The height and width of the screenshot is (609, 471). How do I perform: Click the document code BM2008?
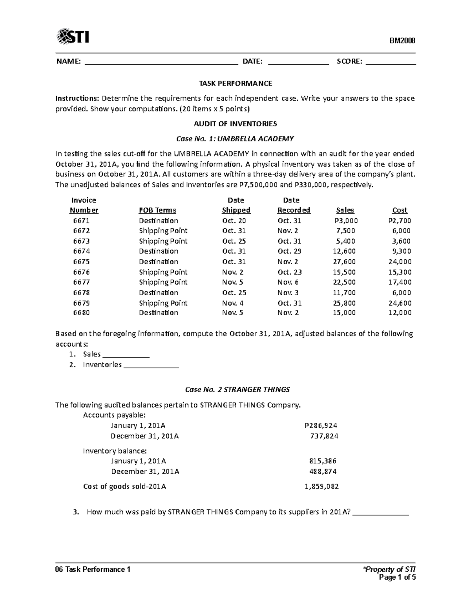click(402, 41)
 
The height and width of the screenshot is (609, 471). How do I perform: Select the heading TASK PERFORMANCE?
click(235, 84)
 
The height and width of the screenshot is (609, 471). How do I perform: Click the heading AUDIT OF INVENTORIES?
click(235, 124)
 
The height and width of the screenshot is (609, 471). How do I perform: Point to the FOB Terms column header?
click(157, 210)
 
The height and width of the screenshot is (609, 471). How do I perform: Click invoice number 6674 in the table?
click(81, 251)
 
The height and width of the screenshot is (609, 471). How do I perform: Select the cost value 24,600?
click(400, 303)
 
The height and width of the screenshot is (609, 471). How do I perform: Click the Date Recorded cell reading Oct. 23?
click(289, 272)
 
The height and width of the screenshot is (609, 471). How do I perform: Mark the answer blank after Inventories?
click(151, 366)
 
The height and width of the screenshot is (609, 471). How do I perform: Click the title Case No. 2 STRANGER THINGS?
click(237, 390)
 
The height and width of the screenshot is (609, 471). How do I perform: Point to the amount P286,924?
click(321, 425)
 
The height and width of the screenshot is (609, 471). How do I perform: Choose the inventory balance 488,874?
click(323, 471)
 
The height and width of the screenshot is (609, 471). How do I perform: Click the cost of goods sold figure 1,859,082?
click(321, 487)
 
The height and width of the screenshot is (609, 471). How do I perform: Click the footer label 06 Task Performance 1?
click(93, 569)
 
